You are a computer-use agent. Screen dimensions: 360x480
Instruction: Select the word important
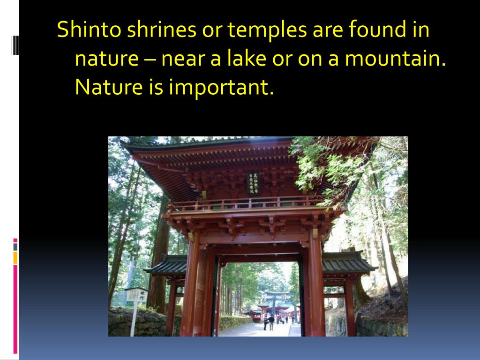coord(221,88)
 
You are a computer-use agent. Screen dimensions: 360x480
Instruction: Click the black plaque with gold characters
coord(254,183)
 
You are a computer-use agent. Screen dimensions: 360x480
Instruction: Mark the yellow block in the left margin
coord(15,257)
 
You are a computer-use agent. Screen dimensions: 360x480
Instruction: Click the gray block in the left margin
coord(15,247)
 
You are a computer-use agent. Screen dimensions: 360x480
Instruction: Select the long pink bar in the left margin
coord(15,309)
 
